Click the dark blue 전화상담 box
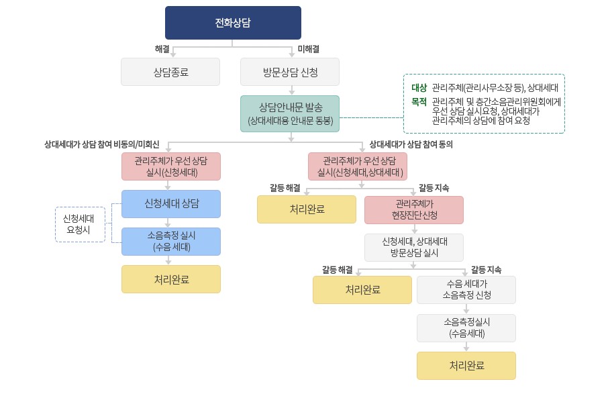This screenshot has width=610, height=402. point(233,23)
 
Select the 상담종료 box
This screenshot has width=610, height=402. point(170,72)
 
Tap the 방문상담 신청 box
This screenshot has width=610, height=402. point(290,72)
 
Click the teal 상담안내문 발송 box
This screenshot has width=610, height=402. point(290,113)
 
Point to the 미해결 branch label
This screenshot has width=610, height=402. point(308,48)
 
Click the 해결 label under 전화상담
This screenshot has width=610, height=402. point(162,48)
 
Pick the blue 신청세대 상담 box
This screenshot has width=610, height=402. point(171,203)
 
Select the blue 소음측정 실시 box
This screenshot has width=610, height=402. point(171,242)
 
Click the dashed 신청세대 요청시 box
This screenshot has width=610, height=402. point(80,224)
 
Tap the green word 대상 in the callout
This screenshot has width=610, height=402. point(419,87)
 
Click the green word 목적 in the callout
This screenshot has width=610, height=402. point(419,102)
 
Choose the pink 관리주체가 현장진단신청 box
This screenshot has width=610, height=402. point(414,209)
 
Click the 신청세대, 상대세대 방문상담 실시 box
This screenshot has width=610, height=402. point(414,247)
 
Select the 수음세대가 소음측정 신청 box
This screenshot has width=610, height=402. point(466,290)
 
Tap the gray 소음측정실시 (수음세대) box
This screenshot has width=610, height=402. point(466,328)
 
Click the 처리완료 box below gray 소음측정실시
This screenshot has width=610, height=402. point(466,366)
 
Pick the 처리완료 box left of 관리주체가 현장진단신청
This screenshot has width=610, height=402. point(307,209)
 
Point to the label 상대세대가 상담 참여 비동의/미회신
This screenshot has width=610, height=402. point(102,144)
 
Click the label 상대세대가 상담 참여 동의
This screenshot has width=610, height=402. point(411,144)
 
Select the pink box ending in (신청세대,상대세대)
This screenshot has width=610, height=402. point(357,166)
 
